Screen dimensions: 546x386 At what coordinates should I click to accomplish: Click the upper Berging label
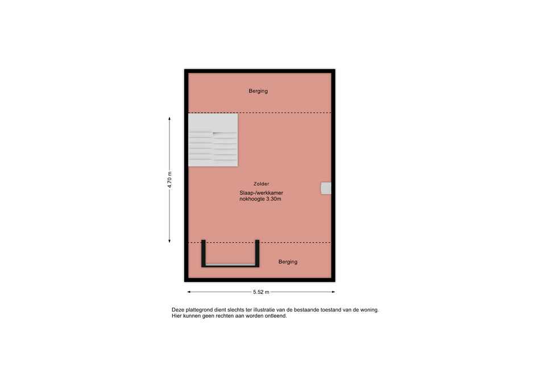(x=258, y=91)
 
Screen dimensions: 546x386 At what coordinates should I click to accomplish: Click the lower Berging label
(x=288, y=262)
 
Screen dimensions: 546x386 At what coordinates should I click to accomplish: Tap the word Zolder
(x=261, y=184)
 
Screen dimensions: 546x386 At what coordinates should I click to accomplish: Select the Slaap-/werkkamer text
(x=261, y=193)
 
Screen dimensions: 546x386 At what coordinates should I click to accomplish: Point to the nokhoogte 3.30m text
(x=260, y=199)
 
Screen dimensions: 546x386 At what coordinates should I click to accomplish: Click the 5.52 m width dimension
(x=261, y=292)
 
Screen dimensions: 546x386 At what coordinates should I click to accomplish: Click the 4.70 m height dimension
(x=169, y=180)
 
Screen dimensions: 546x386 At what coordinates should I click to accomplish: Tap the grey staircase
(x=213, y=140)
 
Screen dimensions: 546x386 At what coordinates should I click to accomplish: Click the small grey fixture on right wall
(x=326, y=188)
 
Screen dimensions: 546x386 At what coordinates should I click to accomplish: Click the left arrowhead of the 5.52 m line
(x=188, y=292)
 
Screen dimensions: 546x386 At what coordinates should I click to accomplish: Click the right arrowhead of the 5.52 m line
(x=334, y=292)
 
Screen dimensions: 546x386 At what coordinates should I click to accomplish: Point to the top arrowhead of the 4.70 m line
(x=169, y=118)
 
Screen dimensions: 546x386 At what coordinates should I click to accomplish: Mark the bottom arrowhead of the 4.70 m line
(x=169, y=242)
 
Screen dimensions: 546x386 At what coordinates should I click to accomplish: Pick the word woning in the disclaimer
(x=370, y=310)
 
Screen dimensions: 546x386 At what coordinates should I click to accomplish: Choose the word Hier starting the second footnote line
(x=176, y=316)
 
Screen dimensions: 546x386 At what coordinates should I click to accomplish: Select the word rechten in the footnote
(x=225, y=316)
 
